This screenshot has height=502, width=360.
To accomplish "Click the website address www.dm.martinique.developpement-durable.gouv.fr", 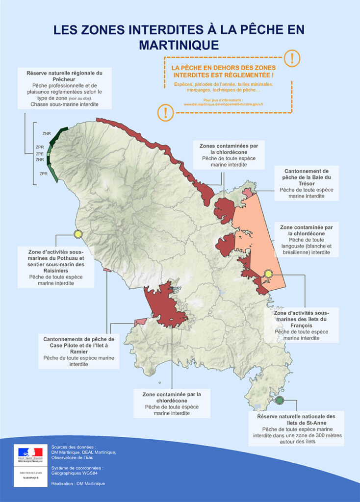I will pyautogui.click(x=224, y=104).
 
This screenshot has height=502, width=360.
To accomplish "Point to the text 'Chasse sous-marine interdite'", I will pyautogui.click(x=64, y=104).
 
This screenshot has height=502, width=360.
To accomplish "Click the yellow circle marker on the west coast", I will pyautogui.click(x=77, y=234).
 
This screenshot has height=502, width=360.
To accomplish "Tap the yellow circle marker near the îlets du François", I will pyautogui.click(x=268, y=274).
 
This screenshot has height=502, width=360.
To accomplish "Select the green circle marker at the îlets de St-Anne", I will pyautogui.click(x=280, y=400).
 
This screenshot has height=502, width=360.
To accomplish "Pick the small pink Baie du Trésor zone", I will pyautogui.click(x=248, y=193).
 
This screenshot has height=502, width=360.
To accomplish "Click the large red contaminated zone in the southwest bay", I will pyautogui.click(x=162, y=306).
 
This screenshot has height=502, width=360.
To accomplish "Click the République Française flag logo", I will pyautogui.click(x=30, y=454).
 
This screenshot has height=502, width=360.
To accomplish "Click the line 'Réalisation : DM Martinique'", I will pyautogui.click(x=77, y=483).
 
